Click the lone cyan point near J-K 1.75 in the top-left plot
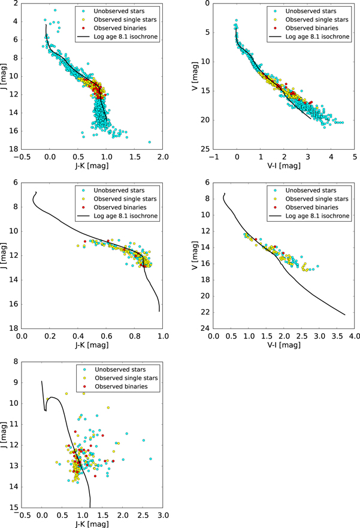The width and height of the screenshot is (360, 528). tap(149, 142)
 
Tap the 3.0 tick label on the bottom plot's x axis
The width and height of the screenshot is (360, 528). tap(163, 515)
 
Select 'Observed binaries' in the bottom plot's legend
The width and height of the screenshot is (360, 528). tap(120, 387)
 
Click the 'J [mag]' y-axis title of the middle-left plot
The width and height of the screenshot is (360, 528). tap(5, 255)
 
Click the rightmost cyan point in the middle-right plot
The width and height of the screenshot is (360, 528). tap(318, 266)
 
